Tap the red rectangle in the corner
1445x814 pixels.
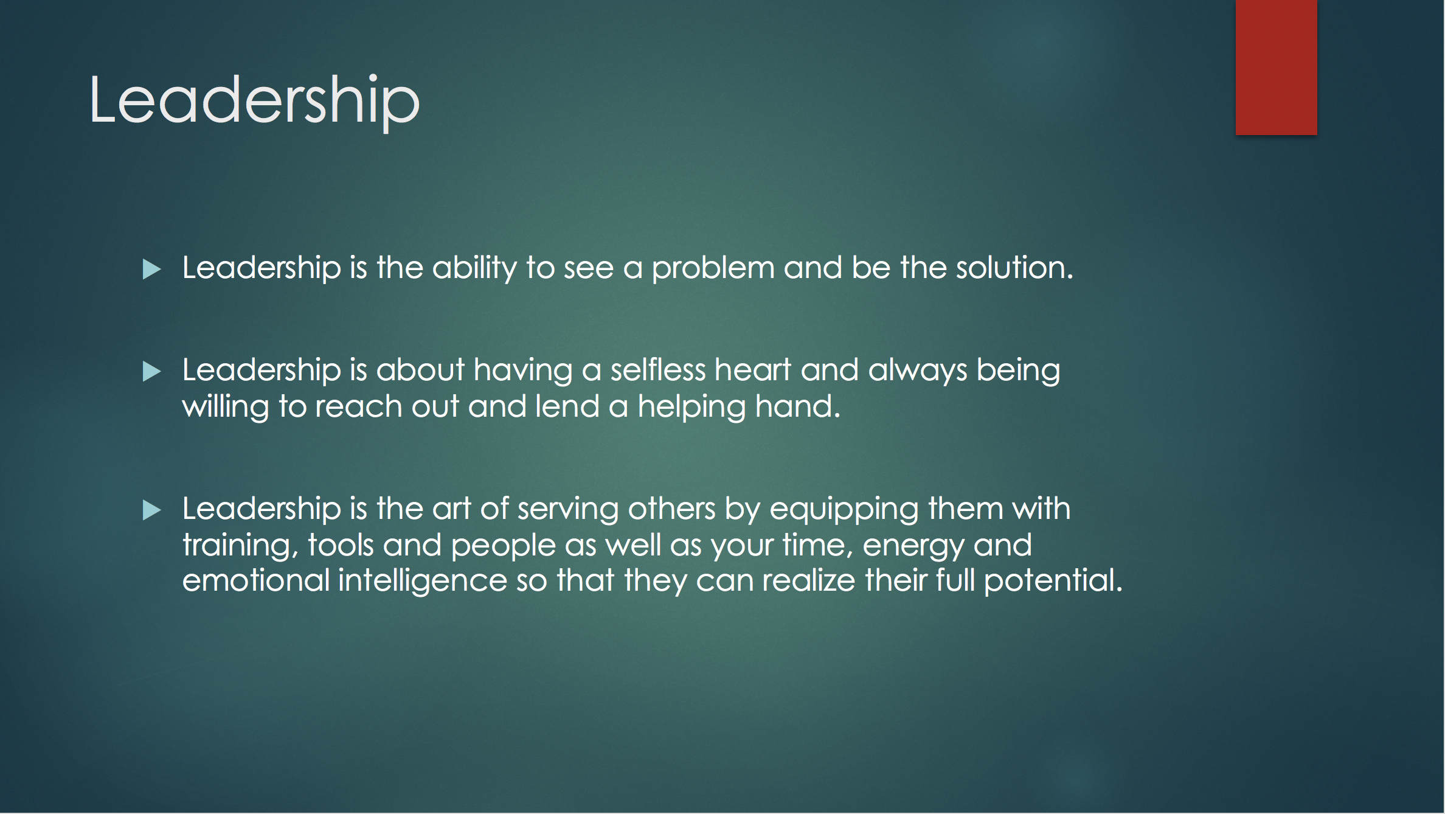[1276, 67]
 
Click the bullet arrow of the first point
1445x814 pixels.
[151, 269]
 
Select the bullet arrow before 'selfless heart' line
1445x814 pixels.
[151, 371]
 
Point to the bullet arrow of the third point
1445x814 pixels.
[151, 510]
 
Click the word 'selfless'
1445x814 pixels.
[658, 370]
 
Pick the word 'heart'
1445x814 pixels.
[753, 370]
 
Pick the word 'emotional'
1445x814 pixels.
[255, 580]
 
